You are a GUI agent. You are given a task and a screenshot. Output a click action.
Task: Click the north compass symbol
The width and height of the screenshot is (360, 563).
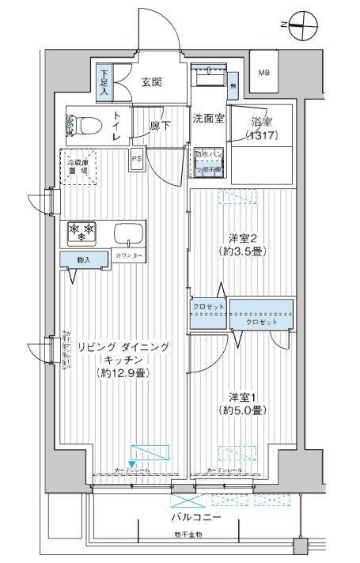(x=300, y=25)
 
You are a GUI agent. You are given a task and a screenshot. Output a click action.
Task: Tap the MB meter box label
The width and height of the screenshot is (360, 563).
(x=263, y=74)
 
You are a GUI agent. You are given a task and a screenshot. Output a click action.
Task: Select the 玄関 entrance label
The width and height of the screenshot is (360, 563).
(x=153, y=81)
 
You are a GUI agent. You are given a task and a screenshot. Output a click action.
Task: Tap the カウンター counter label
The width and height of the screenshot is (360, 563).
(x=128, y=257)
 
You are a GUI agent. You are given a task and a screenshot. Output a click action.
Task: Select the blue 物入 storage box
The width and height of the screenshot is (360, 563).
(x=83, y=259)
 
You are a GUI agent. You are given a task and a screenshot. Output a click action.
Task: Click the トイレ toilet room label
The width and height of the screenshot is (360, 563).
(x=117, y=127)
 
